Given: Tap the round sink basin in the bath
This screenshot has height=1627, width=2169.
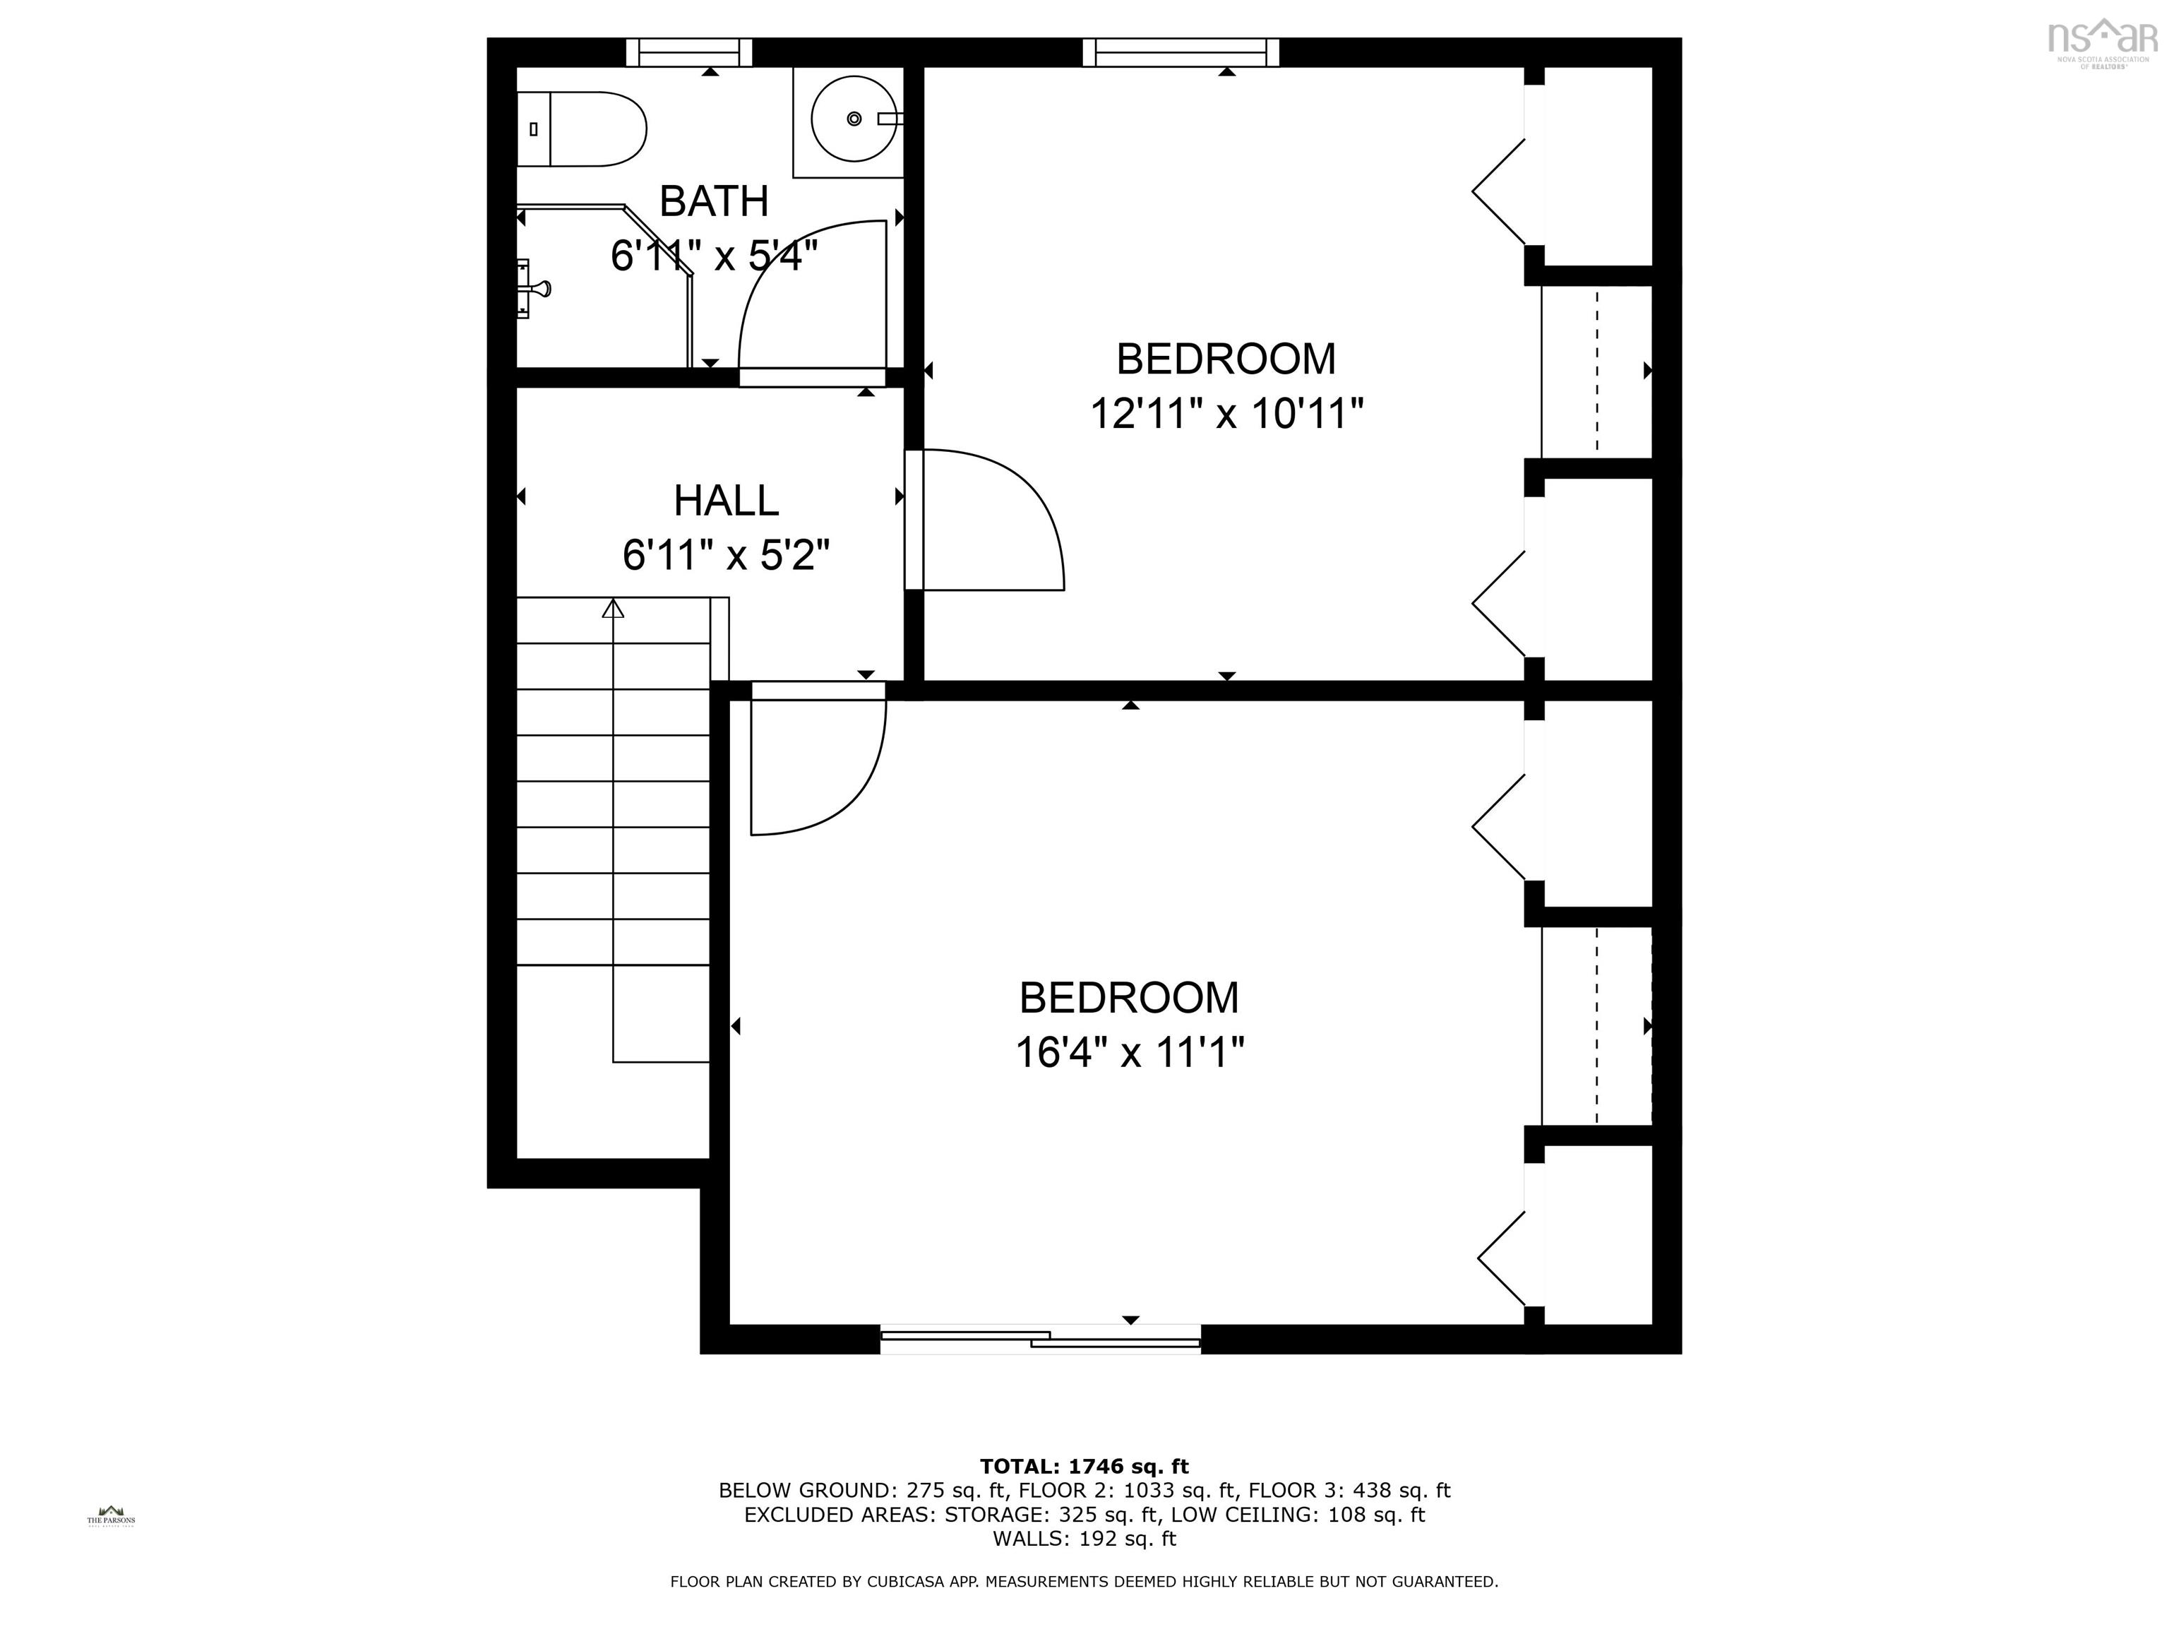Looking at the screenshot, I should click(x=853, y=119).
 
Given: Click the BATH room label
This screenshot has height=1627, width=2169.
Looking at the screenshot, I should click(x=713, y=202).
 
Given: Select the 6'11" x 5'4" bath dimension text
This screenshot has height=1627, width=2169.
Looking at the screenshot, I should click(x=713, y=257).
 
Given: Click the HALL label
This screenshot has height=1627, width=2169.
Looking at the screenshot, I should click(x=726, y=501).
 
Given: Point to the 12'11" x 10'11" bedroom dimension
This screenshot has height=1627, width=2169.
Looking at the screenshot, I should click(x=1226, y=414).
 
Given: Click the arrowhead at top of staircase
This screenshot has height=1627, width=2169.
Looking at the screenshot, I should click(x=613, y=608).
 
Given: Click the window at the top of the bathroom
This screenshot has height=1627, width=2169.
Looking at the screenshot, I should click(x=688, y=52).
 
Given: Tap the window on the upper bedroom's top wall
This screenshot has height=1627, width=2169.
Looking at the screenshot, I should click(x=1181, y=52).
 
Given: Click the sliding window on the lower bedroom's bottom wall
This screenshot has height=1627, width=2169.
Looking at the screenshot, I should click(x=1041, y=1339).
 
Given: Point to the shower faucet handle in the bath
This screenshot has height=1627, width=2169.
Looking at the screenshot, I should click(x=537, y=288).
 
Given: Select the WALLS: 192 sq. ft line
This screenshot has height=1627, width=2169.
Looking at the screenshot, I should click(x=1084, y=1539).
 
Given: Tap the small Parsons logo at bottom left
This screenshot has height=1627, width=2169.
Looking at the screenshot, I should click(x=111, y=1516).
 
